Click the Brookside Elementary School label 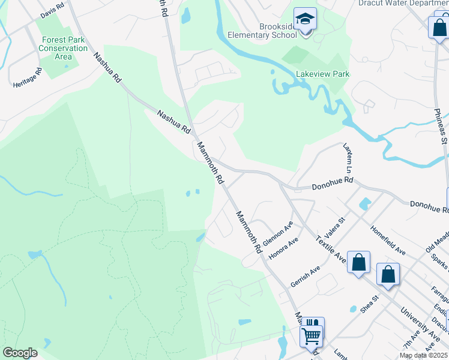click(x=278, y=31)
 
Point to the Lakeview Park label click(x=323, y=74)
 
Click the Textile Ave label click(x=331, y=248)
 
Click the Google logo click(x=20, y=352)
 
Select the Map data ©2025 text click(x=423, y=355)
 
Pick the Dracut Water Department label click(x=403, y=3)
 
